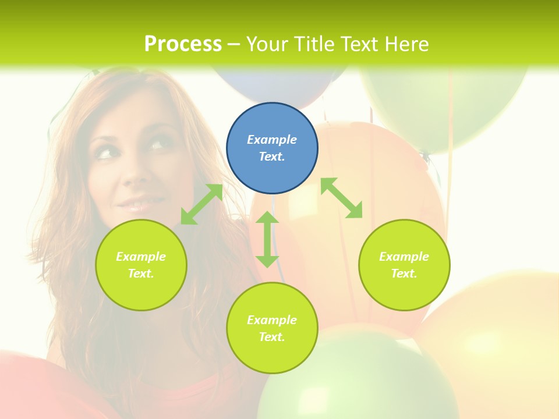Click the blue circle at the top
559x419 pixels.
click(x=272, y=148)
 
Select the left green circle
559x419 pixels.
click(x=141, y=265)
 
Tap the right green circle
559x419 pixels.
click(x=404, y=265)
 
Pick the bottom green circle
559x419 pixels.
click(x=272, y=328)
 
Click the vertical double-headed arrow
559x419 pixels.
click(x=267, y=239)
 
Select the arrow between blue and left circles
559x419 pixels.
click(x=201, y=204)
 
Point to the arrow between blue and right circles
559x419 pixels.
click(x=342, y=198)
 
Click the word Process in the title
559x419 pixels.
click(x=183, y=44)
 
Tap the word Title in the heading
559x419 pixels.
click(x=314, y=44)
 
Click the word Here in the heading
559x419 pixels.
click(x=408, y=44)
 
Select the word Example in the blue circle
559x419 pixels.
click(x=272, y=140)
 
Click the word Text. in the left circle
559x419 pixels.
click(x=141, y=274)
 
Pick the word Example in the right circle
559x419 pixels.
click(x=404, y=257)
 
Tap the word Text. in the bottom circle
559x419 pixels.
click(x=272, y=337)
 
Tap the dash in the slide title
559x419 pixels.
click(x=233, y=44)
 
